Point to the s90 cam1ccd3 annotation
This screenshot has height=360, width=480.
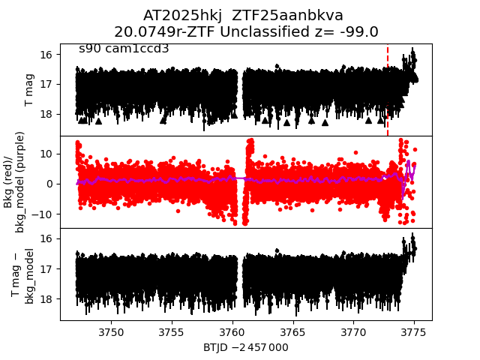124,49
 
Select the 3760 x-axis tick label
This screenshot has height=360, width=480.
232,331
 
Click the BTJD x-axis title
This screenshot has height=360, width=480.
245,347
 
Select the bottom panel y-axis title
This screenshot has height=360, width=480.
22,275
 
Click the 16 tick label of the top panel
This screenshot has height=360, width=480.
46,55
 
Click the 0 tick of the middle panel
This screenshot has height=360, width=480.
48,184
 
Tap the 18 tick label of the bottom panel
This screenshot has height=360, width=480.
46,298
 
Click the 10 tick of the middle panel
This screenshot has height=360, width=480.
45,153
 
